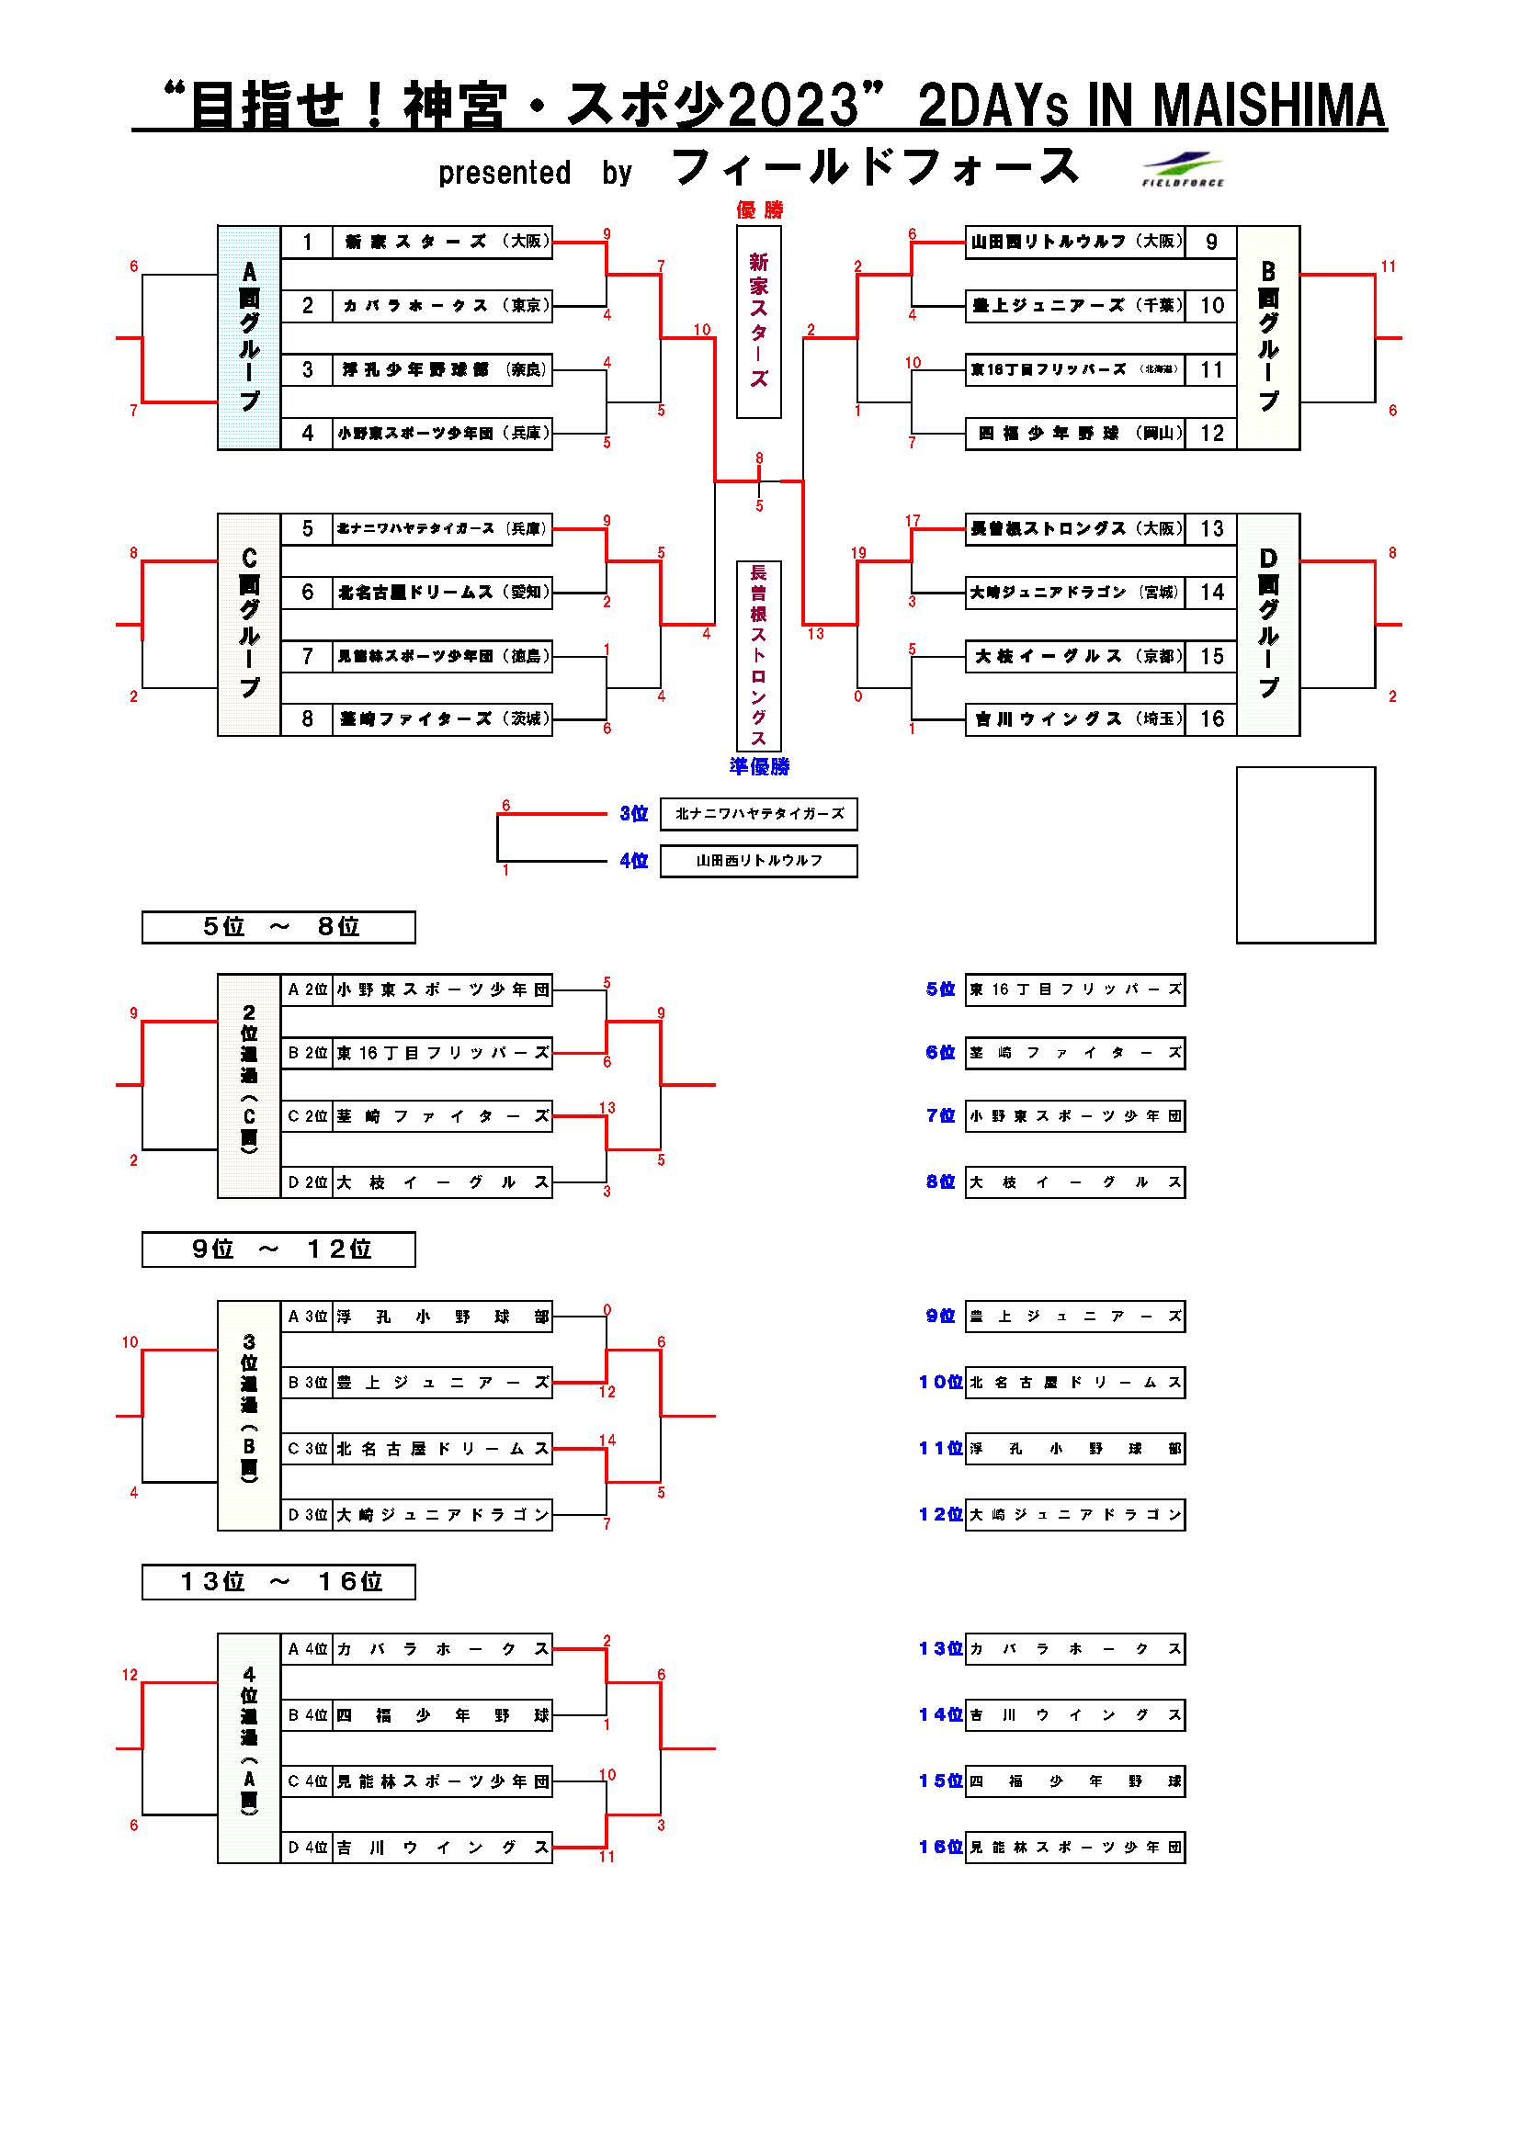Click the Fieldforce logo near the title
[1183, 169]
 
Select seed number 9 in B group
[1211, 243]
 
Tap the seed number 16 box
[1211, 718]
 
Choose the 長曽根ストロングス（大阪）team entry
[1074, 528]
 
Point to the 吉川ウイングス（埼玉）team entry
[1074, 718]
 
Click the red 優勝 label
[759, 209]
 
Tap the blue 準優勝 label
[759, 766]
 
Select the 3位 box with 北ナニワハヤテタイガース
[759, 814]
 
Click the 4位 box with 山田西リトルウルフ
[759, 861]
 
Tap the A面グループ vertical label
[249, 337]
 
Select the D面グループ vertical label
[1268, 624]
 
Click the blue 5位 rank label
[940, 989]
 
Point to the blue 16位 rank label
[940, 1847]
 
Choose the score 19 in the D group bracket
[858, 553]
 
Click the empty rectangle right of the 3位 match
[1306, 854]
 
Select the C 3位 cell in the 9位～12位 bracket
[307, 1449]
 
